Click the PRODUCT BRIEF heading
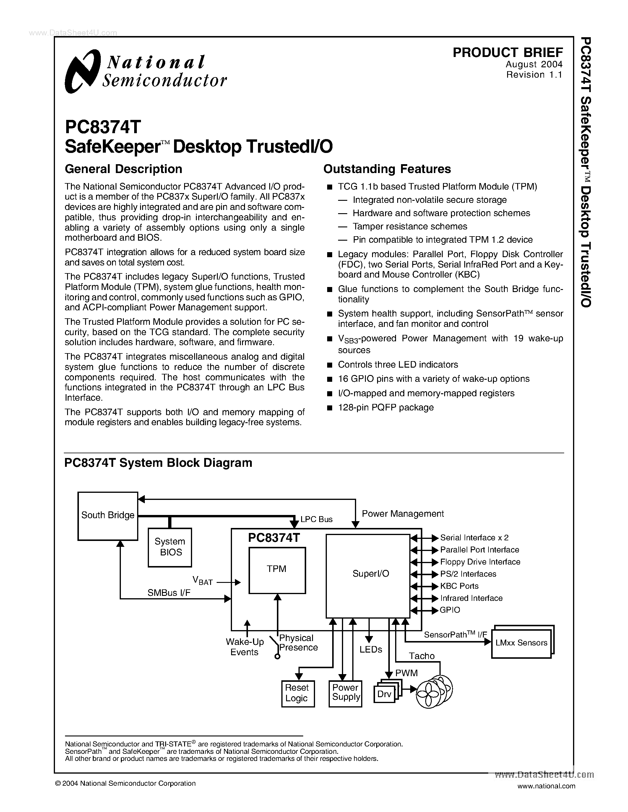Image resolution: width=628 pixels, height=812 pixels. [x=507, y=53]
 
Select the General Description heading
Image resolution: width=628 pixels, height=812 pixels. [x=123, y=169]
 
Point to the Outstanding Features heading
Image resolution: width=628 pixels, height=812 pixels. [x=387, y=169]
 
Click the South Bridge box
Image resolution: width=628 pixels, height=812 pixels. [x=108, y=516]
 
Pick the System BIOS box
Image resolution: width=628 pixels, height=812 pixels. [x=170, y=547]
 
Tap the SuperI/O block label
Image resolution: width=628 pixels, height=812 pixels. [x=371, y=574]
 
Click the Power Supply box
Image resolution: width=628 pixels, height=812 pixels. [x=345, y=693]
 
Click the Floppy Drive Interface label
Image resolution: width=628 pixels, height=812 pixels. [x=480, y=562]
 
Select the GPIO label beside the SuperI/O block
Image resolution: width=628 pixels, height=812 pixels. [x=450, y=610]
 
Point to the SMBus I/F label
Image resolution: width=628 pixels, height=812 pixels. [x=169, y=593]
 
